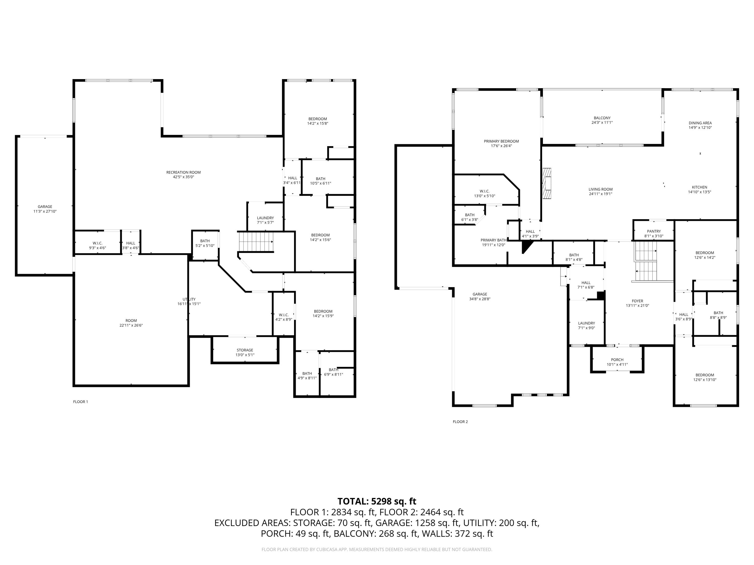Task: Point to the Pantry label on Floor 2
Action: [x=653, y=231]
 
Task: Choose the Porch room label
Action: [x=617, y=360]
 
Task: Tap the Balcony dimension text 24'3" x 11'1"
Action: [x=602, y=123]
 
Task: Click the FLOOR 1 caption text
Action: [x=80, y=402]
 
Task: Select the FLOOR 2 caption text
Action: [x=460, y=422]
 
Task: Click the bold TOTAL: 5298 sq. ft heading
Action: [x=377, y=501]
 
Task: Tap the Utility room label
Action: [x=189, y=299]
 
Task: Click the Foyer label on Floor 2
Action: [x=637, y=301]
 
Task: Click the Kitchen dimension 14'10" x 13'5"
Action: [x=699, y=192]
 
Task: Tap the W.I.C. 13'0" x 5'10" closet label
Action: [x=484, y=193]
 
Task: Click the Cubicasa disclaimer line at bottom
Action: [x=377, y=549]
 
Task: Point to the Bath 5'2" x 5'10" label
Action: [x=205, y=243]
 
